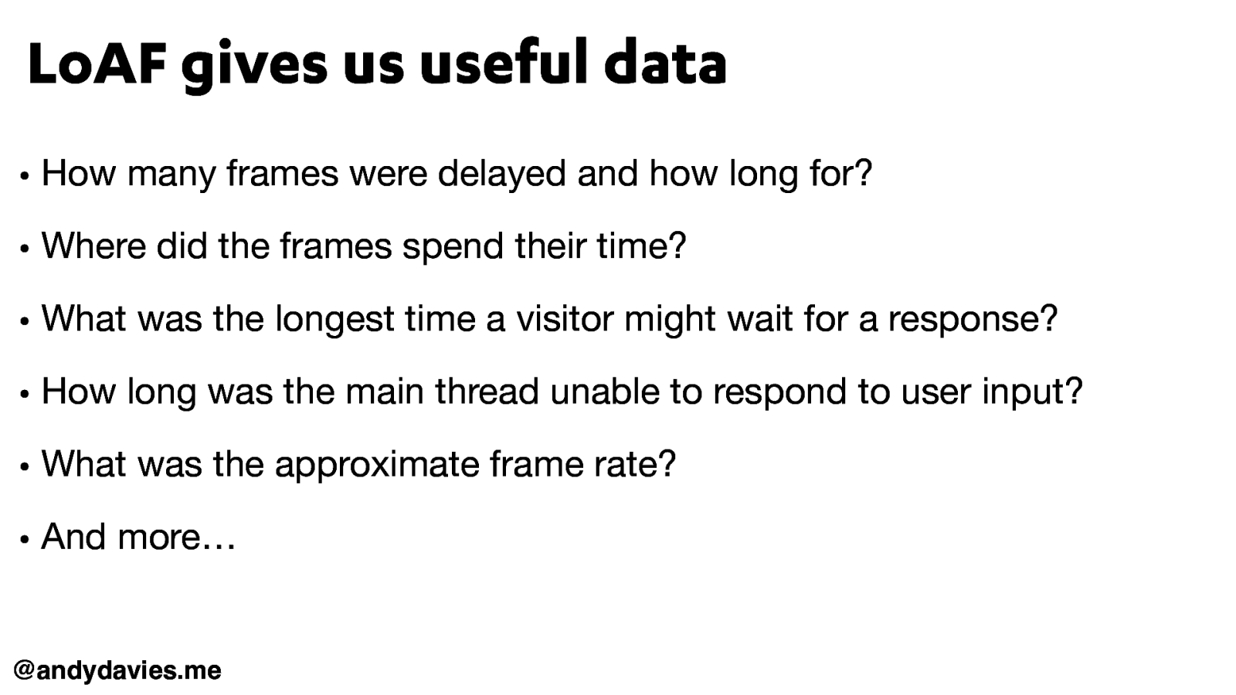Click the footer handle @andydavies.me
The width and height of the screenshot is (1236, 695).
(117, 670)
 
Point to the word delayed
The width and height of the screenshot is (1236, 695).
(501, 174)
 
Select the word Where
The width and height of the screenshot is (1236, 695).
(93, 246)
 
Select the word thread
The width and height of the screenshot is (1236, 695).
(487, 392)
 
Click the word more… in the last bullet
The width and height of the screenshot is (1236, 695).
(176, 537)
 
